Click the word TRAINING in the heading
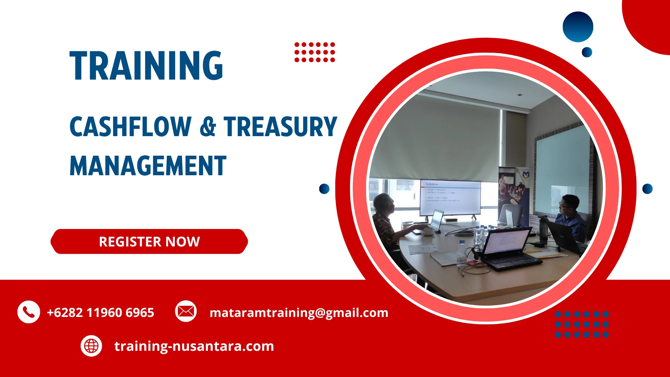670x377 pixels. pyautogui.click(x=146, y=66)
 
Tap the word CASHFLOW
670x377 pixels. pyautogui.click(x=130, y=127)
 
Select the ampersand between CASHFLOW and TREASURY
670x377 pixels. pyautogui.click(x=208, y=127)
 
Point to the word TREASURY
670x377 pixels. pyautogui.click(x=280, y=127)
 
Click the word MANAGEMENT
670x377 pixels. pyautogui.click(x=148, y=166)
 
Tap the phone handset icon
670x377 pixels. pyautogui.click(x=29, y=312)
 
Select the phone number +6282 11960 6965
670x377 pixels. pyautogui.click(x=100, y=312)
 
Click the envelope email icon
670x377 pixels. pyautogui.click(x=186, y=311)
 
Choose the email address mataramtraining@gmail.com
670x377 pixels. pyautogui.click(x=299, y=312)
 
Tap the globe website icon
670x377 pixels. pyautogui.click(x=91, y=346)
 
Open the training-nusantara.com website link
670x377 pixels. pyautogui.click(x=194, y=346)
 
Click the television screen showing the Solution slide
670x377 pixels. pyautogui.click(x=450, y=197)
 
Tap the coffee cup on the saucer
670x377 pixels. pyautogui.click(x=427, y=231)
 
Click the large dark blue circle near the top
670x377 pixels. pyautogui.click(x=578, y=27)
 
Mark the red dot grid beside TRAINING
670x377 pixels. pyautogui.click(x=314, y=52)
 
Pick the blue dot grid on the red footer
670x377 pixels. pyautogui.click(x=581, y=324)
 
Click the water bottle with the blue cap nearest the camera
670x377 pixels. pyautogui.click(x=462, y=253)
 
